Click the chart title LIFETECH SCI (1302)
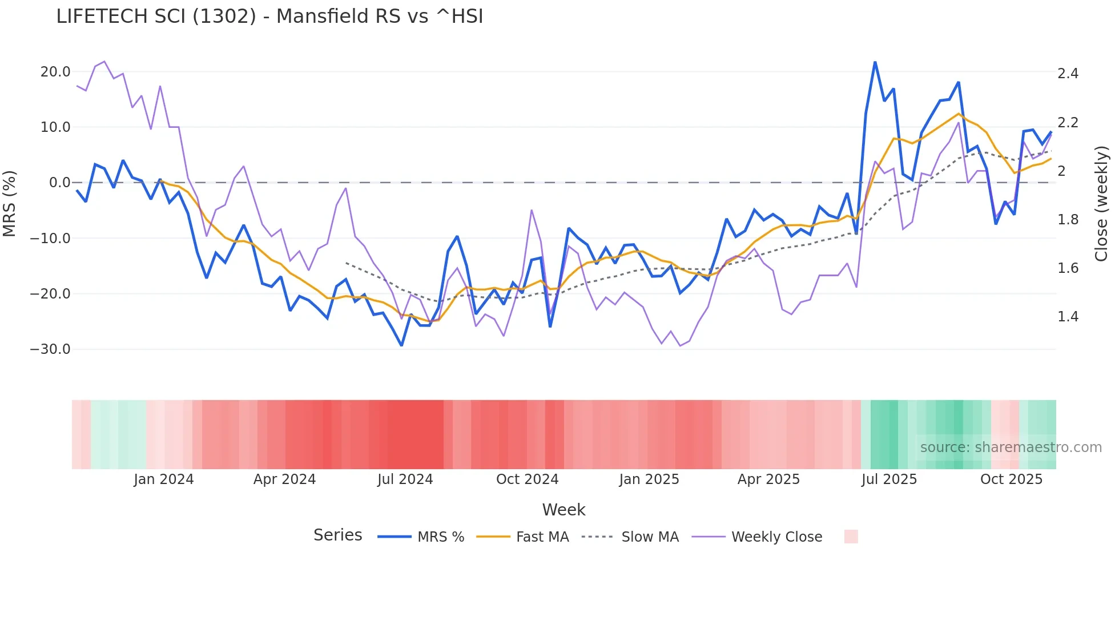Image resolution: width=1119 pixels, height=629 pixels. tap(269, 17)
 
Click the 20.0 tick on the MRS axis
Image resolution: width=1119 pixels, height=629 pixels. tap(55, 72)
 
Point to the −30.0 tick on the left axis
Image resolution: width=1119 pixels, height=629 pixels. tap(50, 349)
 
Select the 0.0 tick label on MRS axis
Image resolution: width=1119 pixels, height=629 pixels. tap(59, 183)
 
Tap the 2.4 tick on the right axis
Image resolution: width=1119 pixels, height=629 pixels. tap(1068, 74)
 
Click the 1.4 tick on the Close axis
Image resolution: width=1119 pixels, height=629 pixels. tap(1068, 317)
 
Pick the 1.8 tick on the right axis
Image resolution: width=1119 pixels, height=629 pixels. tap(1068, 220)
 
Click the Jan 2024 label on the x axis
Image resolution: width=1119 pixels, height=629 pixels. tap(164, 479)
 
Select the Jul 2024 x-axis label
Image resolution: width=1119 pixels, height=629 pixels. tap(405, 479)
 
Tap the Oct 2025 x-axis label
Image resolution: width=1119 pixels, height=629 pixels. tap(1011, 479)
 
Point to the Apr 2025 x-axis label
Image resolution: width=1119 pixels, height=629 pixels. tap(768, 479)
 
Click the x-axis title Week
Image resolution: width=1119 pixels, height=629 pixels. tap(563, 510)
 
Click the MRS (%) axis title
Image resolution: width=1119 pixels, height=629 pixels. tap(10, 204)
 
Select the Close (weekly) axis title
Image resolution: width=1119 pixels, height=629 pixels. tap(1101, 204)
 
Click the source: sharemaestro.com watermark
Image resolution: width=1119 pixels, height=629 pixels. tap(1011, 447)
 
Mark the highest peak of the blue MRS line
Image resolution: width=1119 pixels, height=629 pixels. tap(875, 62)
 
